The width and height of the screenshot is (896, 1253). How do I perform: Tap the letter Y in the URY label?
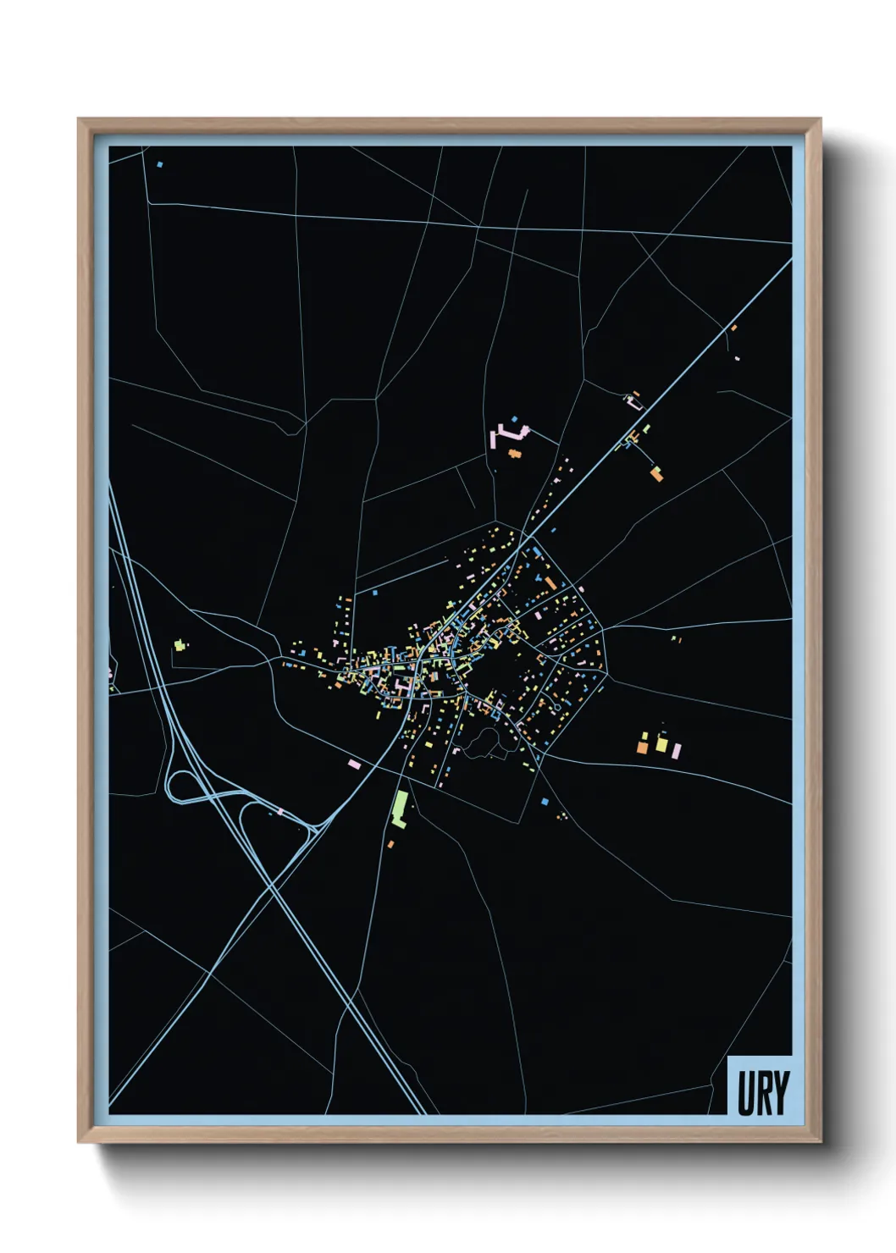[781, 1093]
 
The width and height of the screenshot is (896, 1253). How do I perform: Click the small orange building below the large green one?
[390, 844]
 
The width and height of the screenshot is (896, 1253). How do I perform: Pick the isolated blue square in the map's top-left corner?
[159, 164]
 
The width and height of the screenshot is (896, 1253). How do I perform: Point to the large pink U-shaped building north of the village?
[507, 434]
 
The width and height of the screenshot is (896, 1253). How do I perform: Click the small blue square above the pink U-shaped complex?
[514, 419]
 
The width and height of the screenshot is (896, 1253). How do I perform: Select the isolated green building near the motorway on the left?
[179, 645]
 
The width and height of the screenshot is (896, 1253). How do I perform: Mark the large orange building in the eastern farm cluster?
[643, 747]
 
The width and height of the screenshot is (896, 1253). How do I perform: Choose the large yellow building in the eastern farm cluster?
[661, 744]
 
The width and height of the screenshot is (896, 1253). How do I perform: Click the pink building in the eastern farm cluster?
[676, 749]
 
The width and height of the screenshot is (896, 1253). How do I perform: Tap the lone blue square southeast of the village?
[545, 801]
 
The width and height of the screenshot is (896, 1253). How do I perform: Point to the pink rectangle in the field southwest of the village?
[355, 764]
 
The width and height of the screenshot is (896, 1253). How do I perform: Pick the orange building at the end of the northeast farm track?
[656, 474]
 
